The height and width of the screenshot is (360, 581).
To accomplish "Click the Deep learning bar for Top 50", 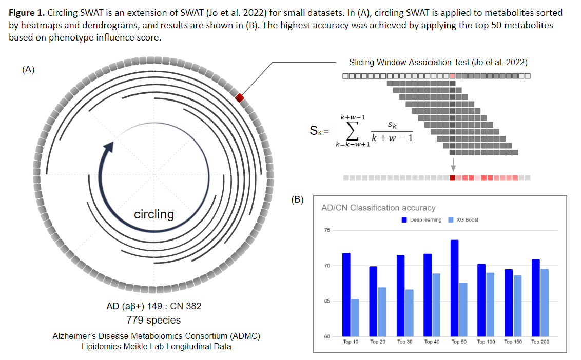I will click(454, 288).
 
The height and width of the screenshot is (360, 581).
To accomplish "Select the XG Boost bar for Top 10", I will click(355, 318).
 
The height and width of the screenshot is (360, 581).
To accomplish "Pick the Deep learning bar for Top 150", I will click(508, 303).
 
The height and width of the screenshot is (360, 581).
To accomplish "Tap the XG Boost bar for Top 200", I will click(544, 303).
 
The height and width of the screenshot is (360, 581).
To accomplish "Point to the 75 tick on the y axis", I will click(327, 230).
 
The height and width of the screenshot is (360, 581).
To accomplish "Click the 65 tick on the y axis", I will click(327, 302).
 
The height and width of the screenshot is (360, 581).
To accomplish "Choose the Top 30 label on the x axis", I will click(405, 342).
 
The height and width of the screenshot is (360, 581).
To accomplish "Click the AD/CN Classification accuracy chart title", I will click(378, 208).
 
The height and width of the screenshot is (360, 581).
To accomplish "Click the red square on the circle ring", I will click(240, 97).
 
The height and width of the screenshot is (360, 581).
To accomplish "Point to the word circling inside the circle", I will click(154, 214).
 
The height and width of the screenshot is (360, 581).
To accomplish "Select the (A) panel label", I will click(28, 70).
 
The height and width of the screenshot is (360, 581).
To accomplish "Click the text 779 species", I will click(153, 320).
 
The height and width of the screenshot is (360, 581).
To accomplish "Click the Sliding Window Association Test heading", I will click(438, 63).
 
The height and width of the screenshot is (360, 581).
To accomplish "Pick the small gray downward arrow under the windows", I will click(452, 165).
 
